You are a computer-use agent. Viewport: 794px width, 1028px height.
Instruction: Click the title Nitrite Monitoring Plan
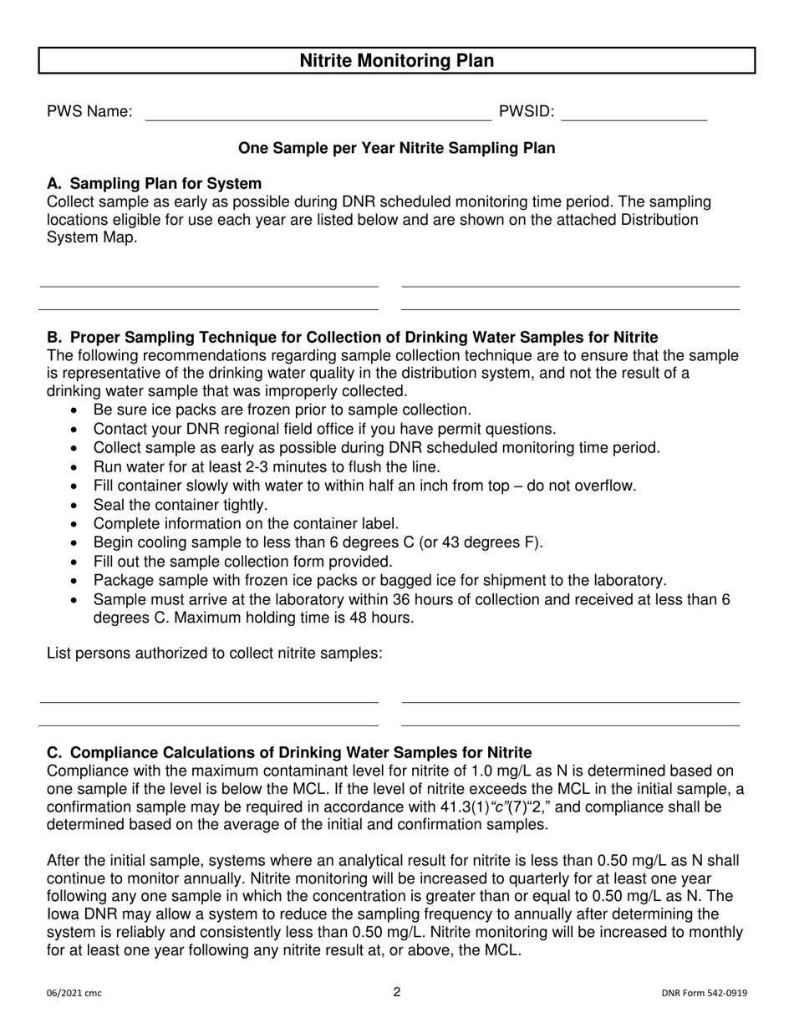(396, 61)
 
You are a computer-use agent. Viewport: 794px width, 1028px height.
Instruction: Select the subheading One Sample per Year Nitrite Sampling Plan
(396, 148)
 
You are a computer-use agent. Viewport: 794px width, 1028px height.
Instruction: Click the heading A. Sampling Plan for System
(154, 184)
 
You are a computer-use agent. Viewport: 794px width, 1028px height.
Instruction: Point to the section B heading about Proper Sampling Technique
(352, 338)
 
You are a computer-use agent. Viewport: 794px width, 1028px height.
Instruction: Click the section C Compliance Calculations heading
(289, 752)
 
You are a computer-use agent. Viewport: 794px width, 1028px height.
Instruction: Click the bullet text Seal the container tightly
(181, 505)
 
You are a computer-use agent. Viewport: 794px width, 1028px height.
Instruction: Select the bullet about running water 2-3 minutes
(266, 467)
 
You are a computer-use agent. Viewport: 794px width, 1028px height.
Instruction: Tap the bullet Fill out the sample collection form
(242, 562)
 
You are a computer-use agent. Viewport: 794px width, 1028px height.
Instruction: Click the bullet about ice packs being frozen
(282, 410)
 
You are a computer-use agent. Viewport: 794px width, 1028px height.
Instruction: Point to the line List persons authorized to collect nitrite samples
(215, 653)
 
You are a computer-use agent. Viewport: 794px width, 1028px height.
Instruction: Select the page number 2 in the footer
(397, 992)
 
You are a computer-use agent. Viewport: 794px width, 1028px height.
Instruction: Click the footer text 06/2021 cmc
(74, 994)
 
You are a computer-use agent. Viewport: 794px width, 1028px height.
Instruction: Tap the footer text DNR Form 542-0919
(704, 994)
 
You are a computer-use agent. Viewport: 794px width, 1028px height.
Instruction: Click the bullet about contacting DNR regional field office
(323, 429)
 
